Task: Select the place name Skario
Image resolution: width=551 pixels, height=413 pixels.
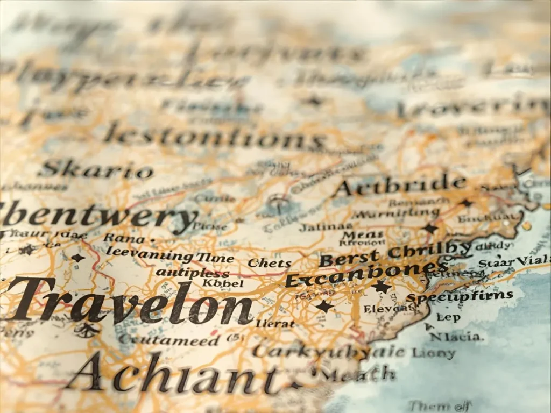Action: coord(96,170)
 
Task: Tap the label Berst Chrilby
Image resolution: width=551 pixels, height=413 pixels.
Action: coord(395,254)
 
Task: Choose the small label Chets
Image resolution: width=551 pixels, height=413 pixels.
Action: coord(269,264)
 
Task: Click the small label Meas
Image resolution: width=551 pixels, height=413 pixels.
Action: coord(363,234)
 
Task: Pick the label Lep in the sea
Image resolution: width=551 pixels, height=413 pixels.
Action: coord(448,317)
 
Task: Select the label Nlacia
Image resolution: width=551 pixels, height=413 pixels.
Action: coord(456,337)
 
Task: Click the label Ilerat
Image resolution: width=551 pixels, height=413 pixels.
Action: coord(275,323)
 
